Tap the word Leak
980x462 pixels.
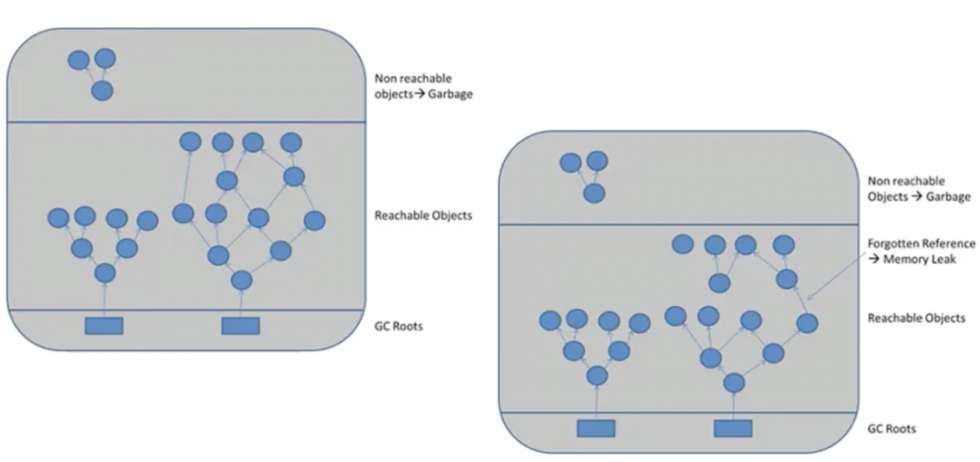click(x=943, y=259)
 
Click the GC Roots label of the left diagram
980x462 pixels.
click(x=398, y=326)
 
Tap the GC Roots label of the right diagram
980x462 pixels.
click(x=892, y=429)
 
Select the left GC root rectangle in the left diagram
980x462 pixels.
click(x=104, y=326)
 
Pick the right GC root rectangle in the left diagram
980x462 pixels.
click(x=241, y=326)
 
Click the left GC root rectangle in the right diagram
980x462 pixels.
click(x=596, y=429)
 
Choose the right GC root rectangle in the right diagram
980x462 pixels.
click(x=733, y=429)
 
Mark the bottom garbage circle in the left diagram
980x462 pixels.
click(x=103, y=90)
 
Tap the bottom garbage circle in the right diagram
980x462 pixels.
click(x=595, y=193)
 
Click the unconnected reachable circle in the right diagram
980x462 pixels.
click(x=683, y=244)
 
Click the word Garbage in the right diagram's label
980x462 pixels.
click(x=947, y=197)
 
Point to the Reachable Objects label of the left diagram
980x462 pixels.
click(x=423, y=216)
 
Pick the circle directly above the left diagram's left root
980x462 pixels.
click(x=105, y=274)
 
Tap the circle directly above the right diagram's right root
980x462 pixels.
click(x=734, y=382)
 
